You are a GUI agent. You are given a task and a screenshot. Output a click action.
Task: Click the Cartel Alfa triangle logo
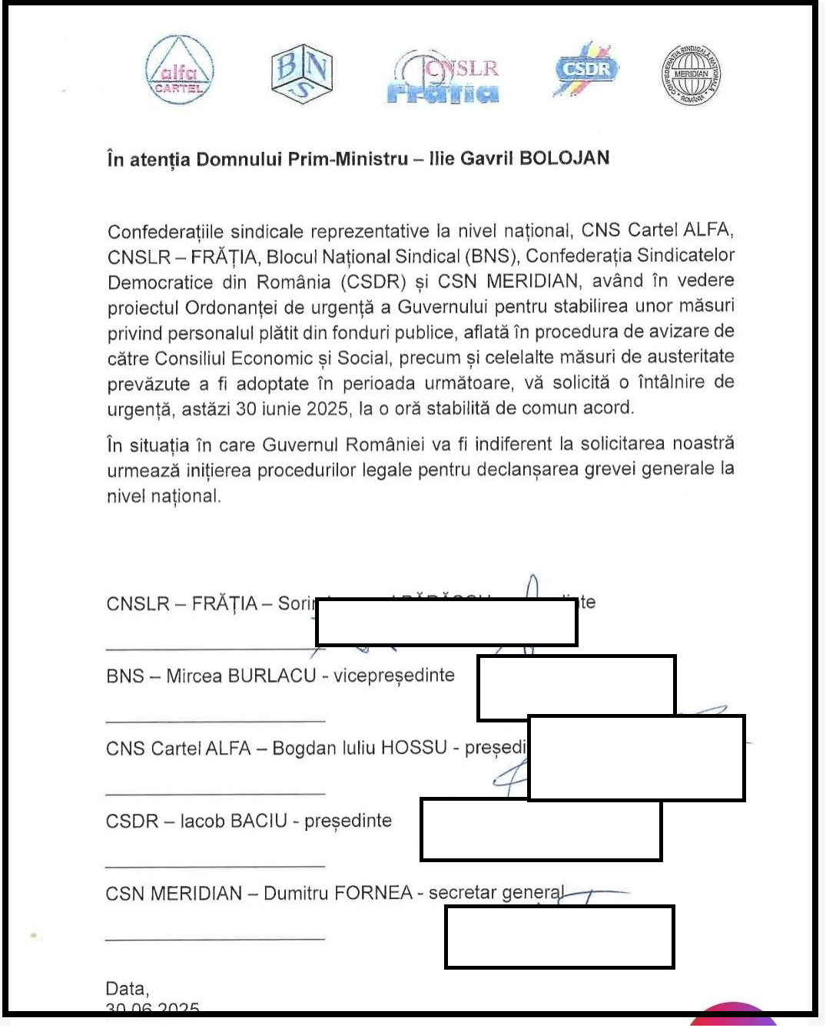click(x=179, y=71)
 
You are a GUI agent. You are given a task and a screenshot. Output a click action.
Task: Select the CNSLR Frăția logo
click(x=443, y=78)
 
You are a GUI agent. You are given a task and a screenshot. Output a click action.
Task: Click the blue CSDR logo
click(x=585, y=69)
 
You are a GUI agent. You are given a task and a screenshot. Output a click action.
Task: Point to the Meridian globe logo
click(x=691, y=74)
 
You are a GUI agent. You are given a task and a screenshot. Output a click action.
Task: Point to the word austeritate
click(x=689, y=356)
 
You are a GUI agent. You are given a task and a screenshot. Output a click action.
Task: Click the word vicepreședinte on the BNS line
click(x=393, y=676)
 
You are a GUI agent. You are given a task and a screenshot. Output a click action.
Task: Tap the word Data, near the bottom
click(x=127, y=988)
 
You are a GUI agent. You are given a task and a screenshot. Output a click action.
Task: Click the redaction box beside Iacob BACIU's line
click(x=541, y=829)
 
